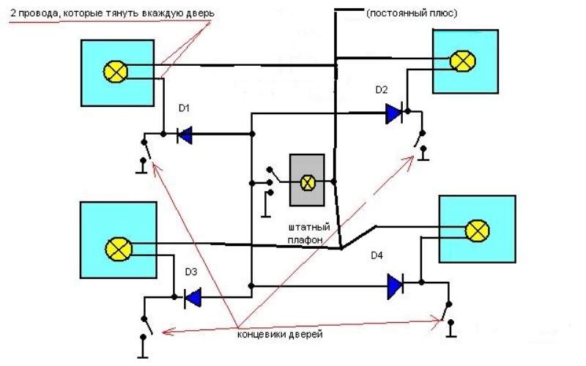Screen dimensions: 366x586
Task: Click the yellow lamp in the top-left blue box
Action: (x=116, y=71)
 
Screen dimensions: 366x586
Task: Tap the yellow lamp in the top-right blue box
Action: (x=461, y=61)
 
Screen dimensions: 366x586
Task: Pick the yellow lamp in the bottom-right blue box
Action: (x=478, y=231)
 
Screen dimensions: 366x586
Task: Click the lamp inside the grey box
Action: (x=308, y=182)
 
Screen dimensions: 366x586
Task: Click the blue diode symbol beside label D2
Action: (x=394, y=113)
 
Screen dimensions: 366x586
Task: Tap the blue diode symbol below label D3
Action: (x=193, y=297)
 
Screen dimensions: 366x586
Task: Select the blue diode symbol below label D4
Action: (x=396, y=284)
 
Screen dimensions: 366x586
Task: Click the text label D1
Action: (x=185, y=108)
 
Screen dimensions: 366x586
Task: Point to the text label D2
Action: (x=382, y=90)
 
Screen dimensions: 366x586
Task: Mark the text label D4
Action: (x=377, y=255)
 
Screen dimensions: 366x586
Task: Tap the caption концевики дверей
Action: (x=280, y=334)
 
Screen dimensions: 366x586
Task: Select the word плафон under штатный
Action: (x=305, y=239)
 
